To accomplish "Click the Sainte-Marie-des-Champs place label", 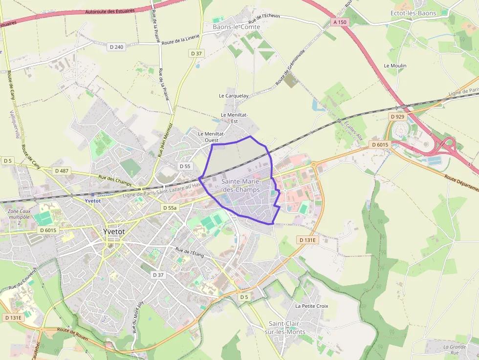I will click(x=240, y=185).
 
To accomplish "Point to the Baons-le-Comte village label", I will click(x=236, y=27).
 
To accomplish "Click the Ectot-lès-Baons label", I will click(x=414, y=13).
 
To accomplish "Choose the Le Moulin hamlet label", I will click(x=395, y=65).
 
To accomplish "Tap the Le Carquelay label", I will click(x=234, y=96).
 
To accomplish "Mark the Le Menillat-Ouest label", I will click(x=211, y=136).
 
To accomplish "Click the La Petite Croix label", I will click(x=312, y=306).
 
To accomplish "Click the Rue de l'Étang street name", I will click(x=190, y=253).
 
